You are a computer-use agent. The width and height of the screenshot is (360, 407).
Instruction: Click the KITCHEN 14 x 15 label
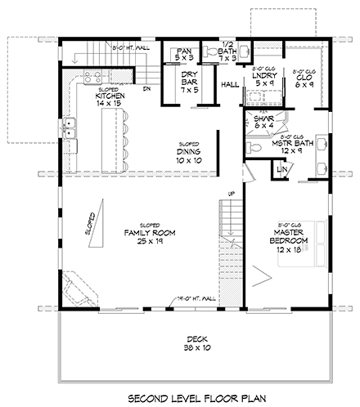[x=108, y=101]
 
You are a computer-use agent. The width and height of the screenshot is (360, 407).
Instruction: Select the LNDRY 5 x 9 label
[x=264, y=78]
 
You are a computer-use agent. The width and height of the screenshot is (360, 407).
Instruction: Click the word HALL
[x=229, y=85]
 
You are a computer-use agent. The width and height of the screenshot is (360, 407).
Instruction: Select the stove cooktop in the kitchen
[x=91, y=78]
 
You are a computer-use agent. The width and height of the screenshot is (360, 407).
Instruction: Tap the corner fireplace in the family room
[x=83, y=287]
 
